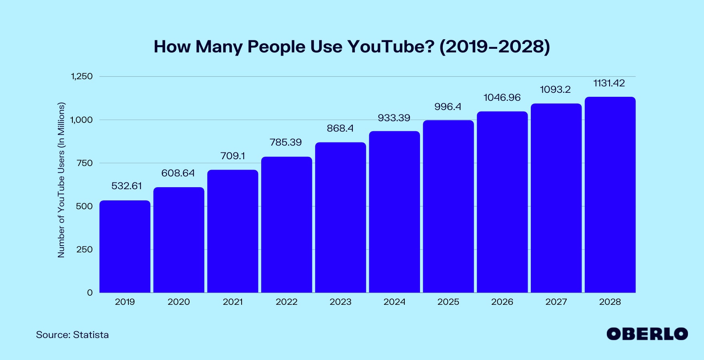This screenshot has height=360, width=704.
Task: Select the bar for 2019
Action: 125,246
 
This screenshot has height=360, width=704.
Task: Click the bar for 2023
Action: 340,218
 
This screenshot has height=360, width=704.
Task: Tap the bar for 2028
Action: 610,195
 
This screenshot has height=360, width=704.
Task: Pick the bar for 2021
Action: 233,231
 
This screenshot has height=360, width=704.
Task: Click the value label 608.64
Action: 178,173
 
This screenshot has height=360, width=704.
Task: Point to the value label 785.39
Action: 286,142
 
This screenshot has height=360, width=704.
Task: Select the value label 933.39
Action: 394,118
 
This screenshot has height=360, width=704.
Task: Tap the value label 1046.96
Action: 502,98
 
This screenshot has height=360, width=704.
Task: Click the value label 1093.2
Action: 555,90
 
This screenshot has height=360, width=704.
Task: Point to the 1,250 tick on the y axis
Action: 82,76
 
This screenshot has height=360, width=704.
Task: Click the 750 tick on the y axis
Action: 84,163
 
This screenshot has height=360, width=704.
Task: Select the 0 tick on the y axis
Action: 90,293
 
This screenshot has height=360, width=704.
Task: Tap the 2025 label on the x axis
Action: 448,302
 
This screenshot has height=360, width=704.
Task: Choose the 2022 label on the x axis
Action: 286,302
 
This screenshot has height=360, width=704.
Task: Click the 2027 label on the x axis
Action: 556,302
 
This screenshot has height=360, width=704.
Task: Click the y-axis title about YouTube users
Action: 61,180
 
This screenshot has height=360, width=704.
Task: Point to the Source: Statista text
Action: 72,335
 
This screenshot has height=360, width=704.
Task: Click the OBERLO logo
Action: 647,334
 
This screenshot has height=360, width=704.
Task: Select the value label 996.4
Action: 448,107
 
